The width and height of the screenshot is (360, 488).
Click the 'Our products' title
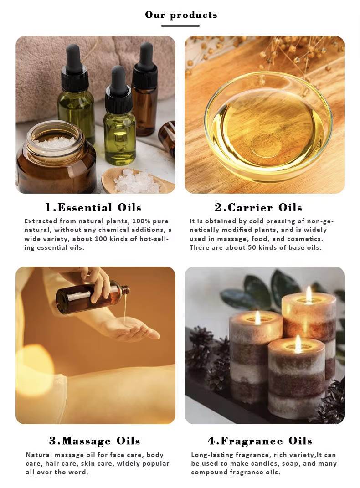(181, 15)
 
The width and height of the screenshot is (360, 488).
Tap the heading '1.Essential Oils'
(93, 207)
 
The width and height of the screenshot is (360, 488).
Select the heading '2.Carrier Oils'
(258, 207)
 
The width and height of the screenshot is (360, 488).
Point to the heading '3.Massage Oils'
(95, 441)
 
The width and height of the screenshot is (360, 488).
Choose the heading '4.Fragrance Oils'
(260, 441)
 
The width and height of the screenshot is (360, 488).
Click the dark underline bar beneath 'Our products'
(180, 26)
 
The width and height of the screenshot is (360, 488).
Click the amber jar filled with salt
(56, 157)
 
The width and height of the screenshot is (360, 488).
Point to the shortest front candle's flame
(298, 342)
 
